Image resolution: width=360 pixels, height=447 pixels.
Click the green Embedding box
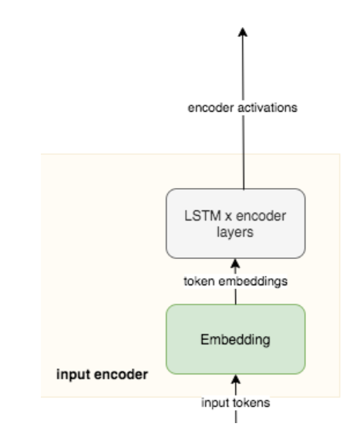pyautogui.click(x=235, y=339)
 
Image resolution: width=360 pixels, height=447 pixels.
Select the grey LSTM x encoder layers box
pyautogui.click(x=235, y=223)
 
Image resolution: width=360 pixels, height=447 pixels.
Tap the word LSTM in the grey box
pyautogui.click(x=203, y=216)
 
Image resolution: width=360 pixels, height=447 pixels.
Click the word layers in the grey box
pyautogui.click(x=235, y=232)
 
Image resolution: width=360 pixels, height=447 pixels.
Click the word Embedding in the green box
pyautogui.click(x=235, y=340)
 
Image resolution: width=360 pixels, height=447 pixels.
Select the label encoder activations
pyautogui.click(x=243, y=108)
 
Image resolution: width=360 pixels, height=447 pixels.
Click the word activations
pyautogui.click(x=267, y=108)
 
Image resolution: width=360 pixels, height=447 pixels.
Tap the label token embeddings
pyautogui.click(x=236, y=281)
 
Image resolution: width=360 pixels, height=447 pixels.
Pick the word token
pyautogui.click(x=199, y=281)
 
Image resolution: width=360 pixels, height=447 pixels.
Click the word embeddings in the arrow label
pyautogui.click(x=253, y=281)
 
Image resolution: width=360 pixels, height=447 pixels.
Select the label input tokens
pyautogui.click(x=235, y=403)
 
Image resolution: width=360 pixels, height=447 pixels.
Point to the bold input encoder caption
pyautogui.click(x=102, y=375)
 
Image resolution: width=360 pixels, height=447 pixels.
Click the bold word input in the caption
pyautogui.click(x=73, y=375)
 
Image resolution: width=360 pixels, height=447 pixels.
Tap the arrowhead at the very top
pyautogui.click(x=243, y=32)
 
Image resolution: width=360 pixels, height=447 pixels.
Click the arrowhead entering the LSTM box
pyautogui.click(x=235, y=263)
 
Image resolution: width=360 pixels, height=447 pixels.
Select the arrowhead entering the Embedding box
pyautogui.click(x=235, y=379)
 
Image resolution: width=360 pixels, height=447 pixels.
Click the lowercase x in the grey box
pyautogui.click(x=228, y=217)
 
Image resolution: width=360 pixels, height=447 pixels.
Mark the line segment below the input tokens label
pyautogui.click(x=236, y=416)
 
